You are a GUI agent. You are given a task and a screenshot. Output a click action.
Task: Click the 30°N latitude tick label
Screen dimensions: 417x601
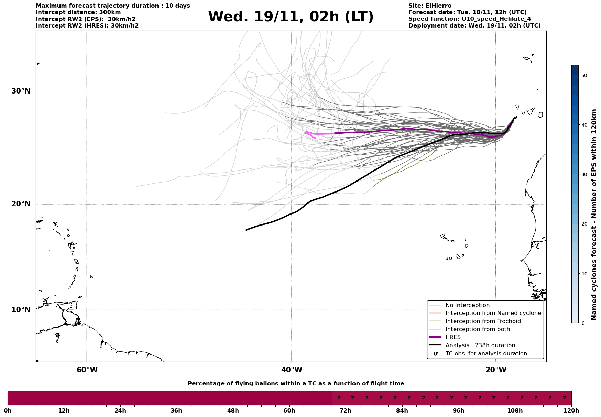pos(21,91)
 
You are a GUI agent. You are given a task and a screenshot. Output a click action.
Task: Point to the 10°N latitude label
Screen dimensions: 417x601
pos(21,310)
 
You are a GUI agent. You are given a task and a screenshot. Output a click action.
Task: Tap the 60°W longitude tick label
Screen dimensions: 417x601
pos(87,370)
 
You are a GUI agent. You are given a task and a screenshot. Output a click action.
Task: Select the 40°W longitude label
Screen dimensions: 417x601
pos(292,370)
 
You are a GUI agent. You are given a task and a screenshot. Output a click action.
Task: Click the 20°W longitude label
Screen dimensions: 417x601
pos(496,370)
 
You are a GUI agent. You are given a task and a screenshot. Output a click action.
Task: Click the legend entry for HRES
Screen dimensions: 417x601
pos(453,337)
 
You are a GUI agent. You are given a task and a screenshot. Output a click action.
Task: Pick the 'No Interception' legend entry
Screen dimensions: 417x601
pos(467,305)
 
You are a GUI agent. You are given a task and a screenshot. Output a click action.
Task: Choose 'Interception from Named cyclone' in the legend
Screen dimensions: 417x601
pos(493,313)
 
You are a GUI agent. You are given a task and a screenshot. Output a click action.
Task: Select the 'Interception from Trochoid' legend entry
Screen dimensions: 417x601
pos(483,321)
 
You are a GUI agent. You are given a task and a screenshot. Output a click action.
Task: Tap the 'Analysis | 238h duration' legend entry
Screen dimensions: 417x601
pos(480,345)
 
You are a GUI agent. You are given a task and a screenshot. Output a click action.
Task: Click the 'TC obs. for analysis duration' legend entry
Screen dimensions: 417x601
pos(486,354)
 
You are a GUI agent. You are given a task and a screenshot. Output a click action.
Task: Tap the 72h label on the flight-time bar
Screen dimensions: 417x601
pos(346,411)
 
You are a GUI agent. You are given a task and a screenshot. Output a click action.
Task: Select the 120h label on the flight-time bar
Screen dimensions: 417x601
pos(571,411)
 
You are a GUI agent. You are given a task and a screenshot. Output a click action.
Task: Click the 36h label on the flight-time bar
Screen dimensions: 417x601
pos(176,411)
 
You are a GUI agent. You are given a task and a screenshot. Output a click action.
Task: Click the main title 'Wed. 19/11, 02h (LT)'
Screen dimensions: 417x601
pos(291,17)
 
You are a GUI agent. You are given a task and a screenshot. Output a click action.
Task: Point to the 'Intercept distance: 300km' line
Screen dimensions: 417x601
pos(78,12)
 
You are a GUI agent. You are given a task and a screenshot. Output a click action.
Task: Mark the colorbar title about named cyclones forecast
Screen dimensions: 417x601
pos(594,215)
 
